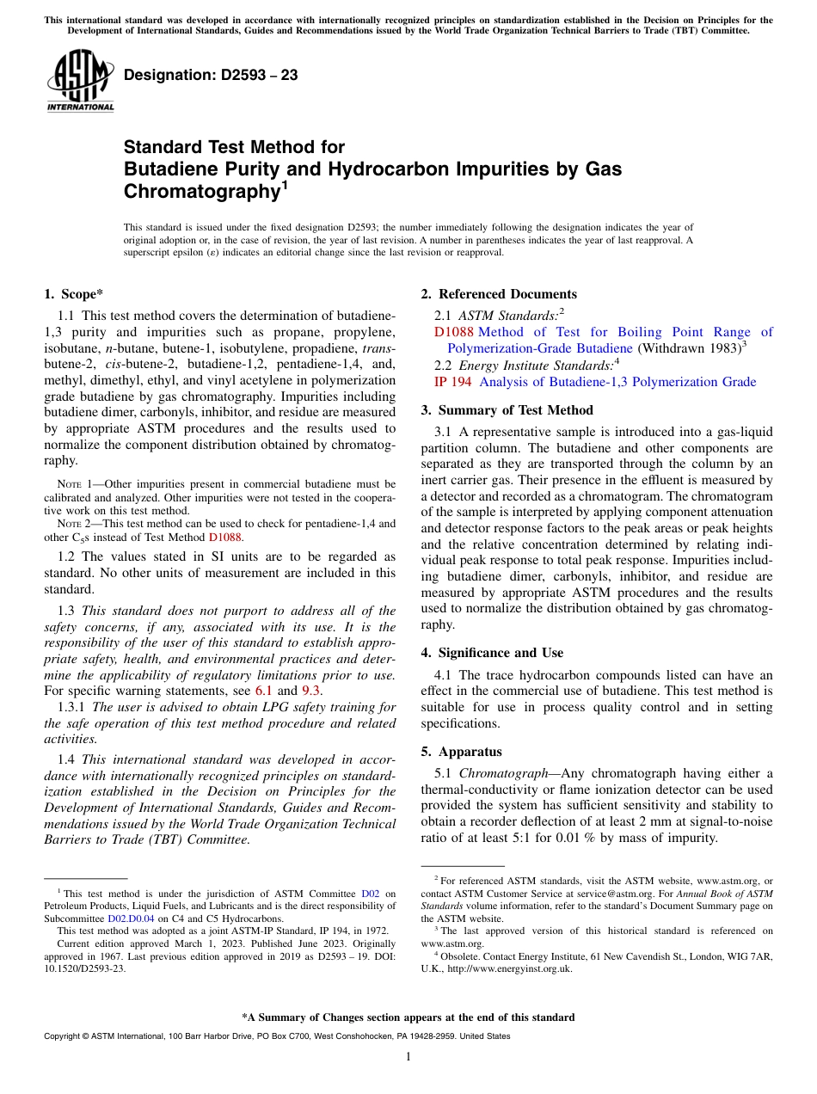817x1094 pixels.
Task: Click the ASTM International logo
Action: click(x=79, y=81)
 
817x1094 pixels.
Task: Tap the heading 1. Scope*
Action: click(x=74, y=294)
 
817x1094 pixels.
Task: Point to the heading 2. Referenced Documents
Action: click(x=499, y=294)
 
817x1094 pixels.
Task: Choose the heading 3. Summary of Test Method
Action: click(x=507, y=409)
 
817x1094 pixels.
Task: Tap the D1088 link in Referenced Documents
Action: click(x=454, y=332)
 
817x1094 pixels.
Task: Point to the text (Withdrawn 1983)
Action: click(x=688, y=348)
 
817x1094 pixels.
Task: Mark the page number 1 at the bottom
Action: click(x=408, y=1056)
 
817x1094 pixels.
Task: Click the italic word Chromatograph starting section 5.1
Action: click(x=500, y=773)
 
